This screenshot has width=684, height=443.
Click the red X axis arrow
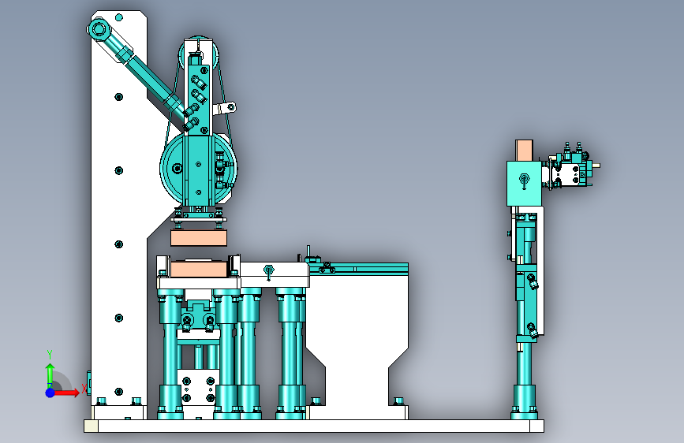click(x=66, y=393)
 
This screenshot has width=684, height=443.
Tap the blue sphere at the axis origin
click(x=50, y=393)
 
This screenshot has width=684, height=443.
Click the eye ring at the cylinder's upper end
click(x=98, y=30)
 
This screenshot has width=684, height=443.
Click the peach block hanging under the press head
click(x=199, y=238)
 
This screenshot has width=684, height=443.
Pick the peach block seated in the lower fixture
click(x=199, y=269)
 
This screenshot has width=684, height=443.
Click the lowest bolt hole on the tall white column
click(x=118, y=392)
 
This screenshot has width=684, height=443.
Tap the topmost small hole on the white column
click(x=119, y=17)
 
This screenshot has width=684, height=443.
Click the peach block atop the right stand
click(x=525, y=151)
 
